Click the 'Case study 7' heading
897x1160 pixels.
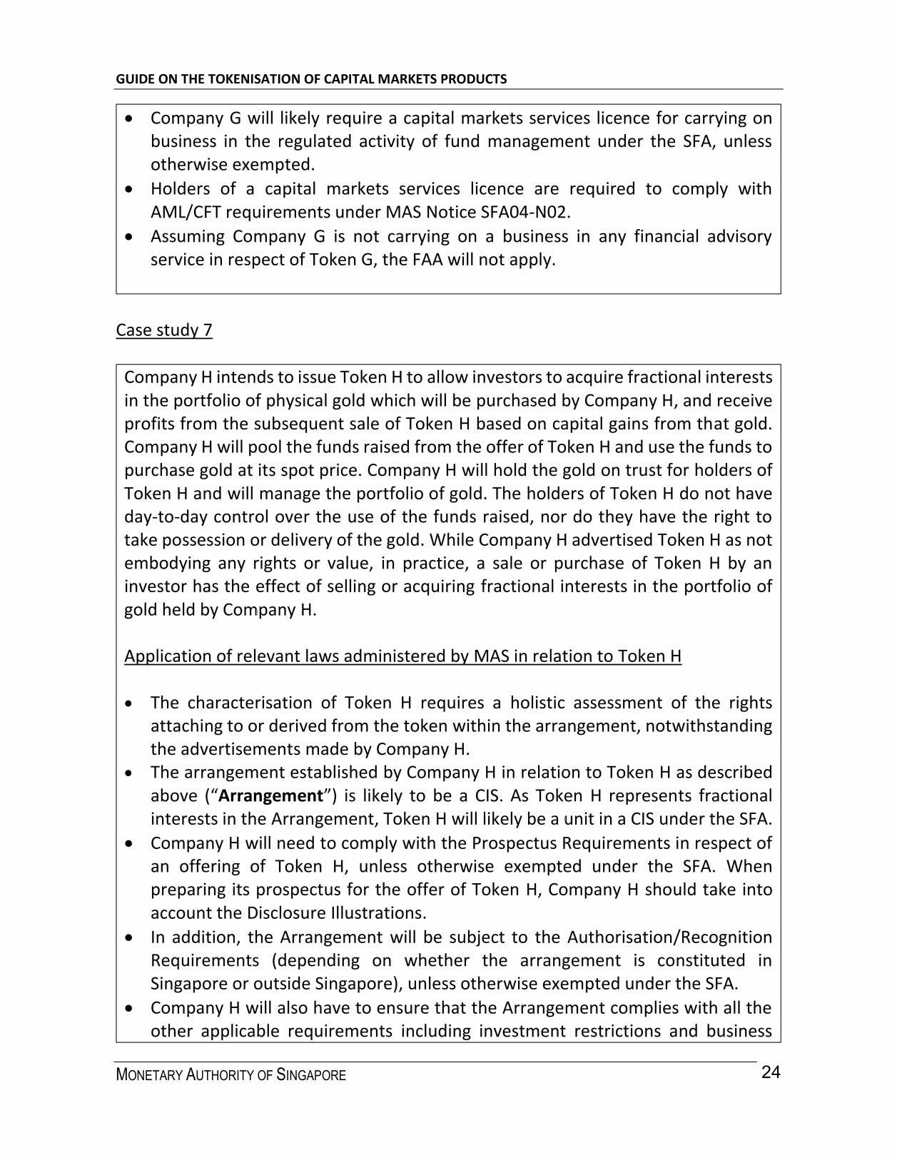[164, 330]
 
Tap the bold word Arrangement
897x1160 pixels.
[270, 795]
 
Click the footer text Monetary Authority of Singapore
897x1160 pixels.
[230, 1075]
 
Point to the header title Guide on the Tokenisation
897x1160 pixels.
[311, 78]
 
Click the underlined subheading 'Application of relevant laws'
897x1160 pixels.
[402, 656]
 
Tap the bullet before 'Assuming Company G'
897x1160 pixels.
[128, 237]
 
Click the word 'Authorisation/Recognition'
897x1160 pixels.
[669, 937]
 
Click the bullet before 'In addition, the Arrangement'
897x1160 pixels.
[128, 937]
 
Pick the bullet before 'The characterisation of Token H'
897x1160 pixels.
[128, 703]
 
